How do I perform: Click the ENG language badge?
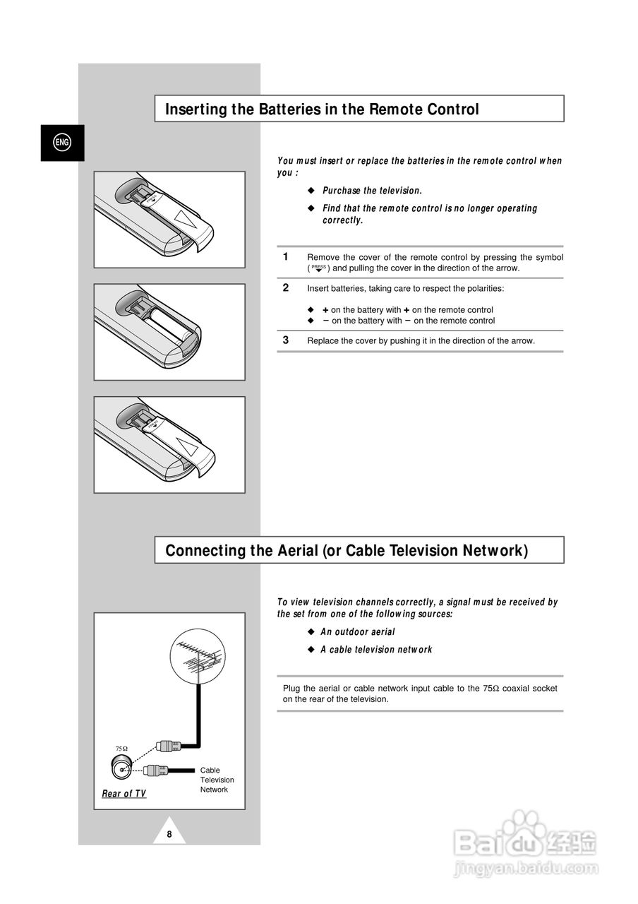pyautogui.click(x=62, y=143)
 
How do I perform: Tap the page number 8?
pyautogui.click(x=169, y=834)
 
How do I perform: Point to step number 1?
pyautogui.click(x=286, y=256)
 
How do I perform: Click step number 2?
pyautogui.click(x=286, y=287)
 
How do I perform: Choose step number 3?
pyautogui.click(x=286, y=340)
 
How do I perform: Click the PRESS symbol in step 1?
pyautogui.click(x=318, y=268)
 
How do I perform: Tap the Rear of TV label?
pyautogui.click(x=124, y=794)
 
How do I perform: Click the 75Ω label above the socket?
pyautogui.click(x=121, y=749)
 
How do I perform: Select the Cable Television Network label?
pyautogui.click(x=217, y=780)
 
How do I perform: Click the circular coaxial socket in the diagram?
pyautogui.click(x=121, y=769)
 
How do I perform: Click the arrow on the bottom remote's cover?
pyautogui.click(x=188, y=446)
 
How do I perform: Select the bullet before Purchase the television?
pyautogui.click(x=310, y=191)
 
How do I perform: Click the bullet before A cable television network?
pyautogui.click(x=310, y=650)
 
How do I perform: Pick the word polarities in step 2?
pyautogui.click(x=486, y=288)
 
